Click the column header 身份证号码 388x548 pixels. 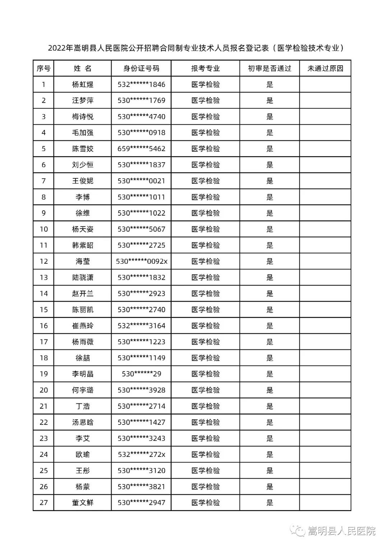coord(141,69)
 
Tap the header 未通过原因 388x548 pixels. coord(325,69)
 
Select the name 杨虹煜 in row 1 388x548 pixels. coord(83,85)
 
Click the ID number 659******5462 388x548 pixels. coord(141,149)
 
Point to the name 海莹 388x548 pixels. coord(83,262)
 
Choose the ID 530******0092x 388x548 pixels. coord(142,262)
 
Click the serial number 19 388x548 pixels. coord(43,374)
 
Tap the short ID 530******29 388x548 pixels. coord(141,374)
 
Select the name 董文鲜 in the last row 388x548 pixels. coord(83,503)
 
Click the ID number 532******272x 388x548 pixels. coord(141,455)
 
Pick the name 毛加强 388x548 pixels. coord(83,133)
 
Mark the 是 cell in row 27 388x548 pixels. coord(270,503)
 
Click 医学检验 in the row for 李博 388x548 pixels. coord(205,197)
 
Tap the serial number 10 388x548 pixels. coord(43,229)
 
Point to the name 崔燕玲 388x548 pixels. coord(83,326)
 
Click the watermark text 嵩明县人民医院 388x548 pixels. coord(341,531)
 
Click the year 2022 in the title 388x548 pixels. coord(57,48)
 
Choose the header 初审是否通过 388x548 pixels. coord(269,69)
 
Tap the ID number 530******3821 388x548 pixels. coord(141,487)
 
